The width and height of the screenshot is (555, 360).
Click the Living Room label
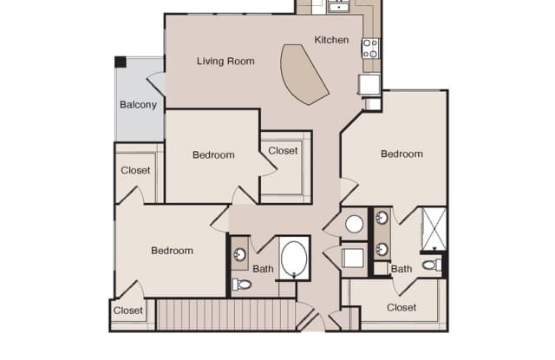click(x=225, y=62)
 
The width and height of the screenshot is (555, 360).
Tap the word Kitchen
click(x=331, y=40)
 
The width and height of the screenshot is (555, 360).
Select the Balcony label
click(x=138, y=105)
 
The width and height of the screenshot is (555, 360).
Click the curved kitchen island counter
click(x=304, y=74)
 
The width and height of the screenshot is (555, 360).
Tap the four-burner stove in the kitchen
click(x=370, y=48)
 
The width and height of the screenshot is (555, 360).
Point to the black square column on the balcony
click(x=121, y=62)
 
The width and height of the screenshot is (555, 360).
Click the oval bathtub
click(x=294, y=258)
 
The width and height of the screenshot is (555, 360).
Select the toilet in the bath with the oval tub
click(x=241, y=284)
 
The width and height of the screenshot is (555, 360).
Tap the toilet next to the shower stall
click(x=432, y=265)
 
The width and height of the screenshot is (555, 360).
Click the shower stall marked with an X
click(x=434, y=229)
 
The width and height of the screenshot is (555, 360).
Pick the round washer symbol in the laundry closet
click(x=354, y=224)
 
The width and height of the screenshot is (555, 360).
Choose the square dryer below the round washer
click(x=353, y=258)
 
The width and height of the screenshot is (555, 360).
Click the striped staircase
click(x=225, y=315)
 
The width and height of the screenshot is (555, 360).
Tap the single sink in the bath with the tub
click(x=240, y=254)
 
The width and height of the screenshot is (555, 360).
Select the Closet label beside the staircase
click(x=127, y=311)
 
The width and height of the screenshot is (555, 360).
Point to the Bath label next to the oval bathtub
click(x=263, y=269)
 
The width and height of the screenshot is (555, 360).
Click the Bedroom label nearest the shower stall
click(x=402, y=154)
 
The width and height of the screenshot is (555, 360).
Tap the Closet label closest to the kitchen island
click(x=283, y=151)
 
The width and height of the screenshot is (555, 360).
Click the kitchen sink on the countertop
click(x=339, y=6)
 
